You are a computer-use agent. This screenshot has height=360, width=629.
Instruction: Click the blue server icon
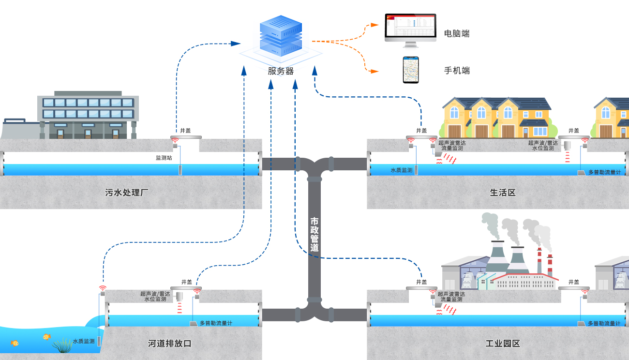tap(281, 37)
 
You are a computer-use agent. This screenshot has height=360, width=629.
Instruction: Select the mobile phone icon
tap(411, 70)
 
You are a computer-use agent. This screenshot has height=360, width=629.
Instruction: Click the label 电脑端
tap(457, 33)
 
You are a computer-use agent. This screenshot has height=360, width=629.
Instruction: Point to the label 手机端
tap(457, 71)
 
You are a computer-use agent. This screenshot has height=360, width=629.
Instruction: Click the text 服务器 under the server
tap(281, 71)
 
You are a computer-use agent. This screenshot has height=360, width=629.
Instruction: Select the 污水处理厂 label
tap(127, 193)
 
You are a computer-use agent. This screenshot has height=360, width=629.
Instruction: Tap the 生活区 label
tap(503, 193)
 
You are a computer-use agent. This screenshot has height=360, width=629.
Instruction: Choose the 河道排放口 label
tap(170, 344)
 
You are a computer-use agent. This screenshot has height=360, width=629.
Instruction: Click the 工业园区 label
tap(503, 344)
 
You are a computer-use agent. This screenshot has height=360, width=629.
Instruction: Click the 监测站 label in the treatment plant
tap(164, 158)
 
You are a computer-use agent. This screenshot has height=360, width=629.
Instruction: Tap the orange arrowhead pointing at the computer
tap(374, 24)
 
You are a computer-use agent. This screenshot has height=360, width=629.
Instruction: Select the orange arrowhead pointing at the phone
tap(374, 72)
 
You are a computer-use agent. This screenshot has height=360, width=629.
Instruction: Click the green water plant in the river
tap(62, 345)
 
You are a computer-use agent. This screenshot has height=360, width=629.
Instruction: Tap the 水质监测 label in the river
tap(84, 341)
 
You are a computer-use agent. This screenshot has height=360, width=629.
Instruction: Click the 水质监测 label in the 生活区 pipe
tap(402, 170)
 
